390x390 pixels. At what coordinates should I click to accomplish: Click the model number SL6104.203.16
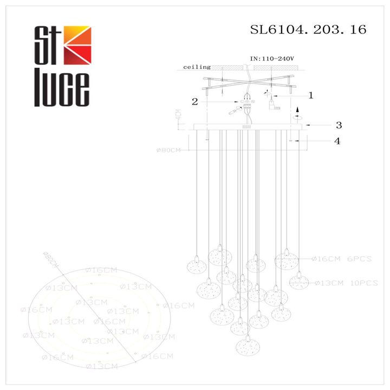tap(308, 30)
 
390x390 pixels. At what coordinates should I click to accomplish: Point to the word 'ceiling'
tap(197, 67)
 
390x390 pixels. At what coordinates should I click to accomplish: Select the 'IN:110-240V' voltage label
tap(271, 57)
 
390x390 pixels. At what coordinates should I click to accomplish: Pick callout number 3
tap(337, 125)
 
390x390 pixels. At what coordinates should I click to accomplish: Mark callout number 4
tap(337, 141)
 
